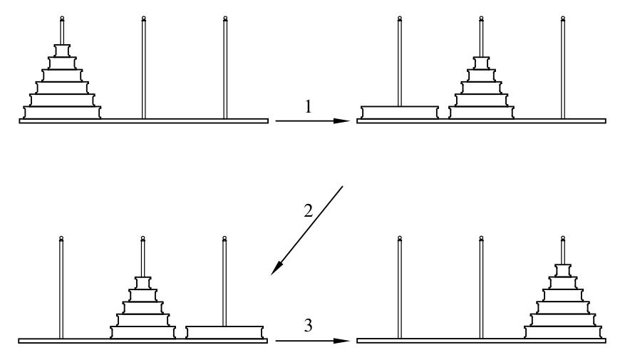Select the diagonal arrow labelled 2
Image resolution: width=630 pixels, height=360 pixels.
pyautogui.click(x=308, y=230)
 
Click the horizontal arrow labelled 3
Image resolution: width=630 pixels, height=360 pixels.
pyautogui.click(x=312, y=341)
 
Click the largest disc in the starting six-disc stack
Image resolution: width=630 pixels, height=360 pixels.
pyautogui.click(x=62, y=112)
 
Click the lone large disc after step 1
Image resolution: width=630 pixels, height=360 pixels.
pyautogui.click(x=399, y=112)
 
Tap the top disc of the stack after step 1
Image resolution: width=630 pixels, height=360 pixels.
pyautogui.click(x=481, y=61)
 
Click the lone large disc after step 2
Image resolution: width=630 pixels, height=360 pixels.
pyautogui.click(x=225, y=331)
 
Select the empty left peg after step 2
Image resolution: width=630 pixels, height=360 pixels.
pyautogui.click(x=62, y=285)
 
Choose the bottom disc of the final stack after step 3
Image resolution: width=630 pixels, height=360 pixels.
pyautogui.click(x=563, y=331)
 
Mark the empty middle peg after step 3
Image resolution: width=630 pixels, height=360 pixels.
pyautogui.click(x=481, y=285)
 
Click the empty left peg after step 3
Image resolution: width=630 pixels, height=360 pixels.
pyautogui.click(x=399, y=285)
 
